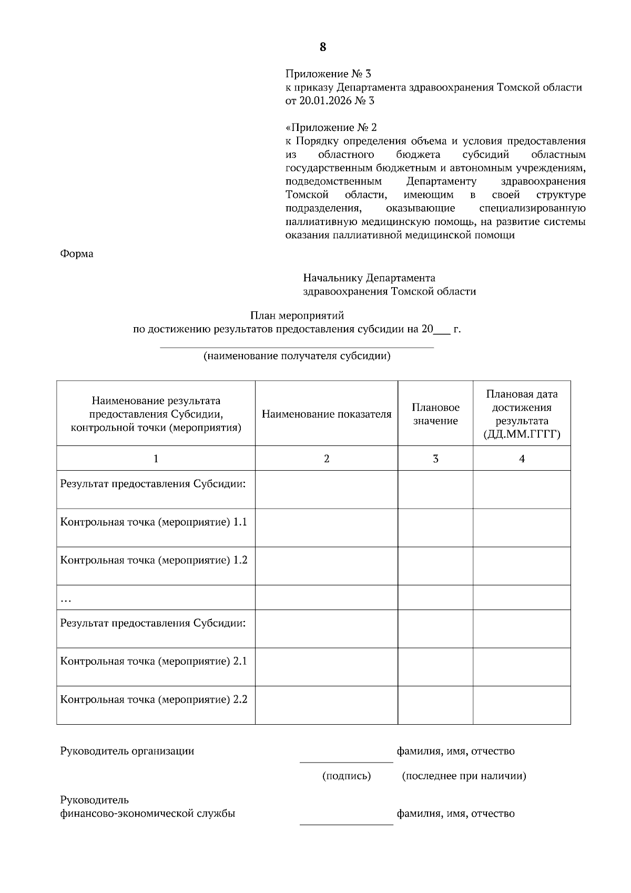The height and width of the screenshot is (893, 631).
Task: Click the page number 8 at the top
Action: [322, 47]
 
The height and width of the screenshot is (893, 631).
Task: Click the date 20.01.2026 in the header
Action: [322, 101]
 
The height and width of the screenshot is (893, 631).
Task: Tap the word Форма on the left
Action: [77, 254]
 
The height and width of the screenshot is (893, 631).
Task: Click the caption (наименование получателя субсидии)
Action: [297, 356]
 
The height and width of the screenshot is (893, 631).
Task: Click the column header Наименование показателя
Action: [327, 414]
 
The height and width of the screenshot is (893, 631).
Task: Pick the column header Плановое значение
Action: [435, 414]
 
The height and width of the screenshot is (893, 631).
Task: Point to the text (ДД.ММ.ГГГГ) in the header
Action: [522, 434]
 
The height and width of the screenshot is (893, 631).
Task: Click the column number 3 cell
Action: [435, 459]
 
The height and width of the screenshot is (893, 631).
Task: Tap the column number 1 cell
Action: [156, 459]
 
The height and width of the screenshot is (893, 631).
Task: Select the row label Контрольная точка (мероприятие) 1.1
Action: [154, 522]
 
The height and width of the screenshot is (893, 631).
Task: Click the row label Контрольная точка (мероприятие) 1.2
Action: [154, 560]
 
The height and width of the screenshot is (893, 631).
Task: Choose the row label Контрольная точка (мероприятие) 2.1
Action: [154, 661]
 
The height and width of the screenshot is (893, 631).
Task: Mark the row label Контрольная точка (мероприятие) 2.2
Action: [154, 699]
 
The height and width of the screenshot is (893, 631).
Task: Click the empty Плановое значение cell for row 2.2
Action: [435, 705]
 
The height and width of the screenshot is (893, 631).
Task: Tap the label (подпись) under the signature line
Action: [347, 776]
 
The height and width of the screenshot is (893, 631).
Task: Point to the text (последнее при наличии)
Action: [464, 776]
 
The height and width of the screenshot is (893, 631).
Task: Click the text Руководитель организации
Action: [127, 751]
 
